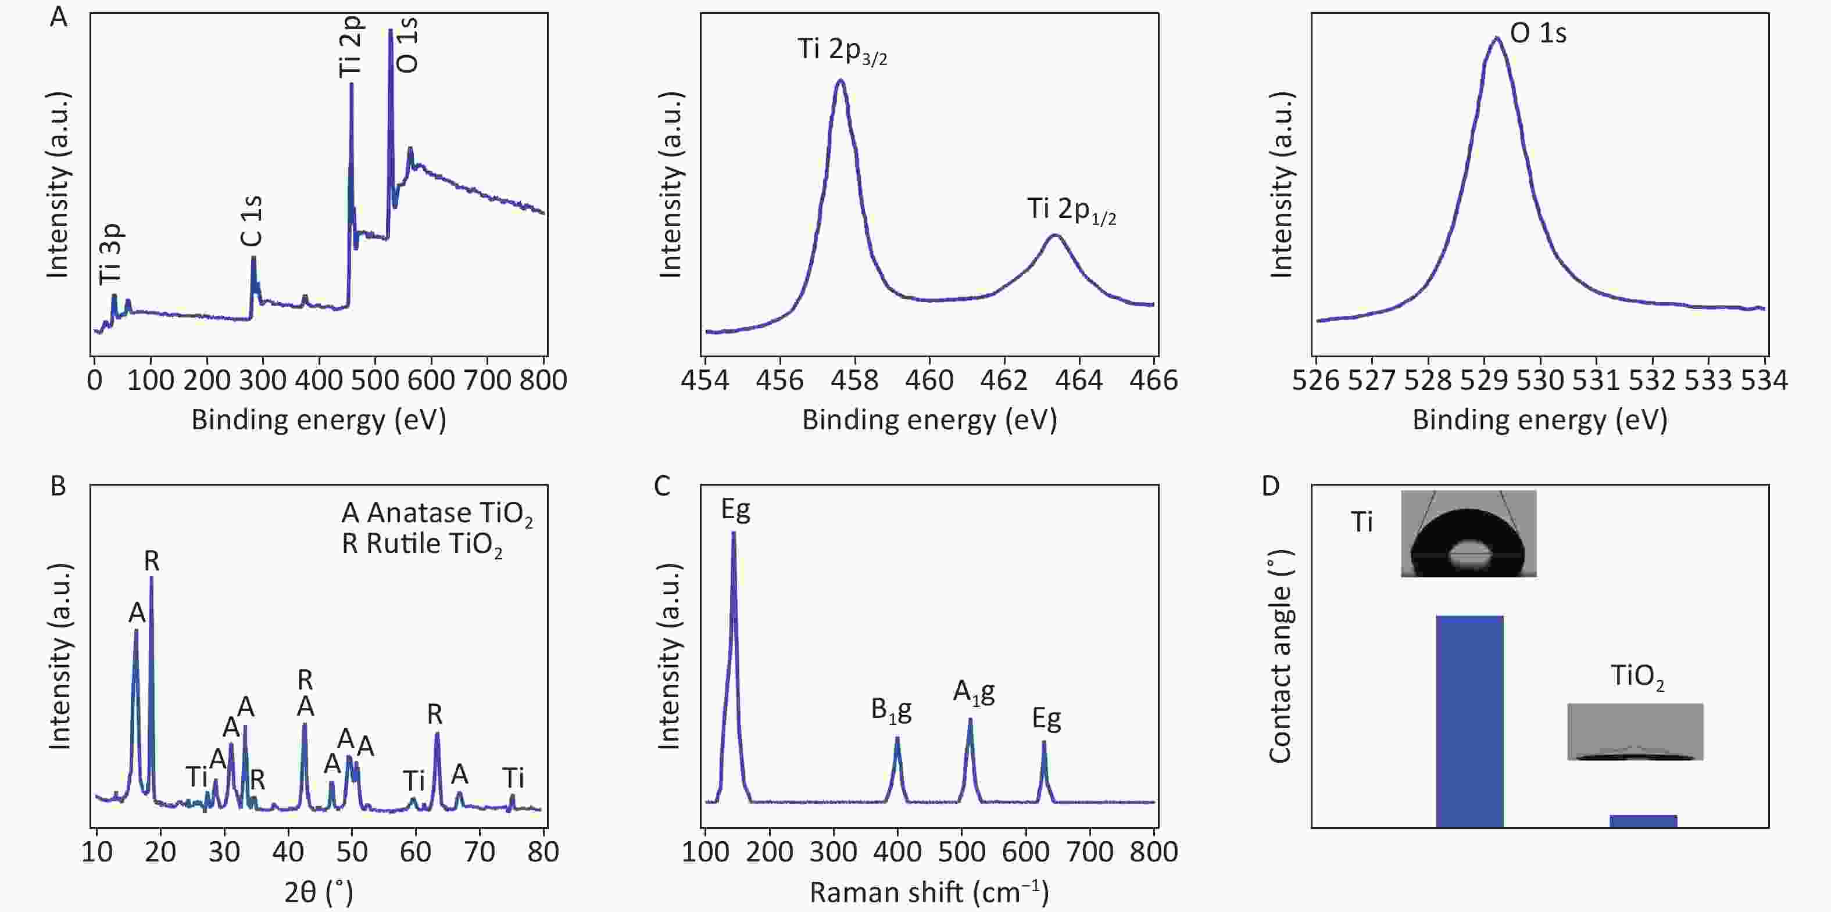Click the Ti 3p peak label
(x=111, y=254)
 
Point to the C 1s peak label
(x=252, y=221)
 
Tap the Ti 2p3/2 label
(x=842, y=51)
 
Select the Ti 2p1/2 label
(x=1071, y=210)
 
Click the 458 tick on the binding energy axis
(x=854, y=380)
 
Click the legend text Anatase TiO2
(x=437, y=514)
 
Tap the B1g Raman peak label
(x=891, y=710)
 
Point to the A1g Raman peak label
(x=974, y=692)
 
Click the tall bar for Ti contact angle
(x=1469, y=721)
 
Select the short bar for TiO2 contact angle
(x=1643, y=821)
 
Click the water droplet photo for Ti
(x=1468, y=533)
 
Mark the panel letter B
(x=58, y=487)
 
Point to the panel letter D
(x=1269, y=487)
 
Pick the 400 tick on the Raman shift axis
(x=897, y=852)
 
